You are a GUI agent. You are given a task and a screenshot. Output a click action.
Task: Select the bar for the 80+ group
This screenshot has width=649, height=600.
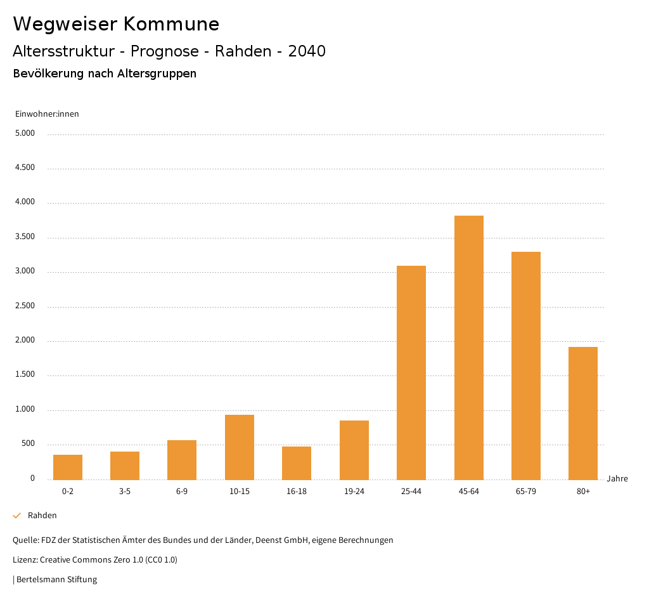click(x=583, y=413)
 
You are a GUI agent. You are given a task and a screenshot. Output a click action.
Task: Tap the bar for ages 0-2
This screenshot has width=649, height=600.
click(x=68, y=467)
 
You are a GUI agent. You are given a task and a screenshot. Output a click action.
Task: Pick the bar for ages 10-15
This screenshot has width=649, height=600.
click(x=240, y=447)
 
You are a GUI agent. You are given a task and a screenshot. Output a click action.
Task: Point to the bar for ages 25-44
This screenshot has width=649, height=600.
click(x=411, y=372)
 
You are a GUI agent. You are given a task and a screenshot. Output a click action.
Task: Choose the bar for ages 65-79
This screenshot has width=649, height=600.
click(x=526, y=365)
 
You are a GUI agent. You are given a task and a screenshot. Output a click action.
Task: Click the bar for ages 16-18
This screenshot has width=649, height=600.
click(x=297, y=463)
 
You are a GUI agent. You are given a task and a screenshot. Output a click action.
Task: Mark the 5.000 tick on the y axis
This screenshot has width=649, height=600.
click(x=25, y=134)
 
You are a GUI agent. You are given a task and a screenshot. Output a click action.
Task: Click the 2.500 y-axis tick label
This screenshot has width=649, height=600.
click(x=25, y=306)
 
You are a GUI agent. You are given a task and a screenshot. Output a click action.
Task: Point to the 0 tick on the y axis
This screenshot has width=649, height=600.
click(x=32, y=479)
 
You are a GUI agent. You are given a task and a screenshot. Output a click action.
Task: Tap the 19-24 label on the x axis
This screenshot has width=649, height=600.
click(x=354, y=492)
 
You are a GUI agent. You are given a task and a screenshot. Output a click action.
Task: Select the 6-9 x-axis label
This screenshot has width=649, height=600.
click(x=182, y=492)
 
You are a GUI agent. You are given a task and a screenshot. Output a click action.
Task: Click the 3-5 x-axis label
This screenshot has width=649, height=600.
click(x=125, y=492)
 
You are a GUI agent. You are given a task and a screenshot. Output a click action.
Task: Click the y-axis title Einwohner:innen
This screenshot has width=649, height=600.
click(x=47, y=114)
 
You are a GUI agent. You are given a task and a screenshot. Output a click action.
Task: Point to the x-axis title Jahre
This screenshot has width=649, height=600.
click(x=617, y=479)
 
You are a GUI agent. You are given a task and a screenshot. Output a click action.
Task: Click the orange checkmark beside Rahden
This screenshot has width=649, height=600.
click(x=17, y=516)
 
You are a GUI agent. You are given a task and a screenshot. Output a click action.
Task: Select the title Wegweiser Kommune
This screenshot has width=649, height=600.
click(x=116, y=24)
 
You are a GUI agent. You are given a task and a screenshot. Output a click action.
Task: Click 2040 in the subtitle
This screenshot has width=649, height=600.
click(x=307, y=51)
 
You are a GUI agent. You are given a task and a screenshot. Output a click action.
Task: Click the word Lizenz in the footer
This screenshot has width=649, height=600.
click(x=25, y=560)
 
